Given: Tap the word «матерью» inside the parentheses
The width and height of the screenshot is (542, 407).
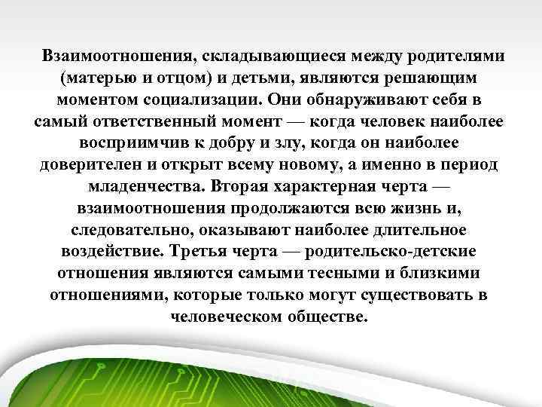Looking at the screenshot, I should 109,78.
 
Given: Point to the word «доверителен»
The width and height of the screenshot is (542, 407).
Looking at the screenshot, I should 87,164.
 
